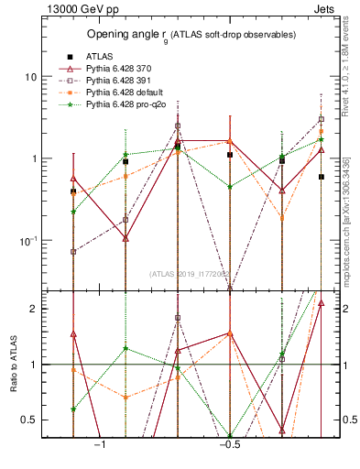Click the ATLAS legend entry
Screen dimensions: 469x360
tap(98, 55)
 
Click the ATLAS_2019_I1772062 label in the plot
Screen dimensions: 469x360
tap(192, 273)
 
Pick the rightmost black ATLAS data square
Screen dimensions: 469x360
tap(322, 177)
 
